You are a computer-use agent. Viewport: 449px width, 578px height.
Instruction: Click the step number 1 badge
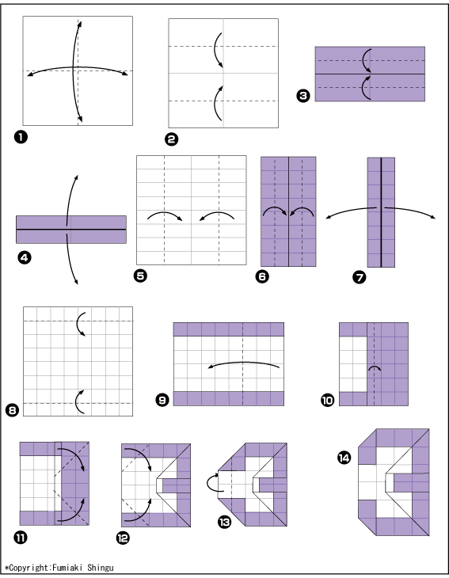21,137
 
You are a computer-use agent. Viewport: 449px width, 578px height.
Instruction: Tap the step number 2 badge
171,139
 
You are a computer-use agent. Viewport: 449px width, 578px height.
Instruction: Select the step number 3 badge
303,96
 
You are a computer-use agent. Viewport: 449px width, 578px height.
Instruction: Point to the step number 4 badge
25,257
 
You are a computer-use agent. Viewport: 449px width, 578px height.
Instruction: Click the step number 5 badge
140,276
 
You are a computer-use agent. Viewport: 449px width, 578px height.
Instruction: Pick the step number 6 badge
262,276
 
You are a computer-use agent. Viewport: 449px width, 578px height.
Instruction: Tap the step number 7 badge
360,277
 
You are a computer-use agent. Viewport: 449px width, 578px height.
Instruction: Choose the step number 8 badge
12,410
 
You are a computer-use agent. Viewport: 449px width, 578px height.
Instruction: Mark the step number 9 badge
162,400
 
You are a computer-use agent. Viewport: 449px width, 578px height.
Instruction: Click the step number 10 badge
327,400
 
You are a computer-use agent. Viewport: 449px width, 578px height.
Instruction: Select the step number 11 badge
21,538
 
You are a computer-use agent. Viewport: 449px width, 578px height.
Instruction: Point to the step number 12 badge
123,538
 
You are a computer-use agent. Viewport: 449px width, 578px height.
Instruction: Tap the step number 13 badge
224,522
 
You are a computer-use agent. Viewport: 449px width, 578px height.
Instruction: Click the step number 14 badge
344,458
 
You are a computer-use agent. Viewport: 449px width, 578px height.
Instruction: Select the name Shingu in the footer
101,568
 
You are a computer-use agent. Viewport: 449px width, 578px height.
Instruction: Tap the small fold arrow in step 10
375,368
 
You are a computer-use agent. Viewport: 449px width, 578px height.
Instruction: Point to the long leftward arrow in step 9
244,363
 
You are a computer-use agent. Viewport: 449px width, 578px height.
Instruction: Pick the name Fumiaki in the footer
67,568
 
